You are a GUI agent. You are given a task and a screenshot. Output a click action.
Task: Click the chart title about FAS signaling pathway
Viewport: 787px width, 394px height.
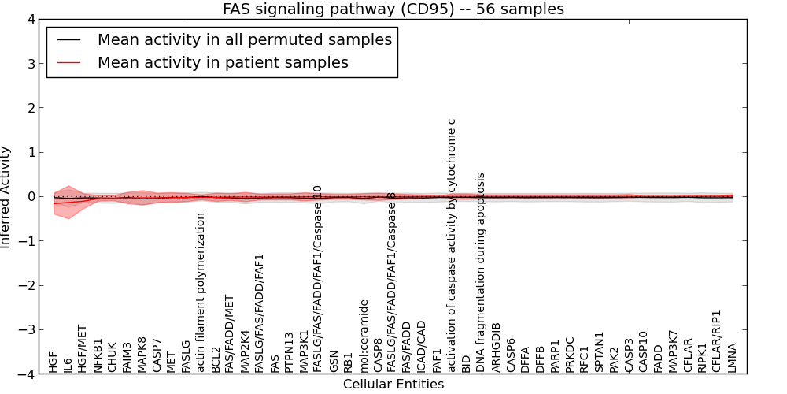pos(393,9)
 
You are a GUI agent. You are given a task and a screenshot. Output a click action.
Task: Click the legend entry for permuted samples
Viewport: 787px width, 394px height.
pos(244,40)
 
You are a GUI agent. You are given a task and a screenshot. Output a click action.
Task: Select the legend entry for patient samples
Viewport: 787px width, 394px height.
pos(223,62)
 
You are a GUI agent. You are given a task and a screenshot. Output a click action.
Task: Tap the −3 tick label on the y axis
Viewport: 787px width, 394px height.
pos(26,330)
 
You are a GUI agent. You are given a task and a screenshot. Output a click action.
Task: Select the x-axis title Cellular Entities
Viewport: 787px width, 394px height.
pos(393,385)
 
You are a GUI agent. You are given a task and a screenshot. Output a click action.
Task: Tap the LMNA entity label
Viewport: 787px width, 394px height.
pos(733,358)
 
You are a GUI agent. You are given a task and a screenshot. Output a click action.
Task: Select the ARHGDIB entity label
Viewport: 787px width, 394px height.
pos(496,347)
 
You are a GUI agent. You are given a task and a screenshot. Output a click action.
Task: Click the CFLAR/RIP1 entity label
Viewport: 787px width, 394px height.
pos(718,340)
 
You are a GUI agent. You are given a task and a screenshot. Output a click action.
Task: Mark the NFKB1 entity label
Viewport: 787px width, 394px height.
pos(98,355)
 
